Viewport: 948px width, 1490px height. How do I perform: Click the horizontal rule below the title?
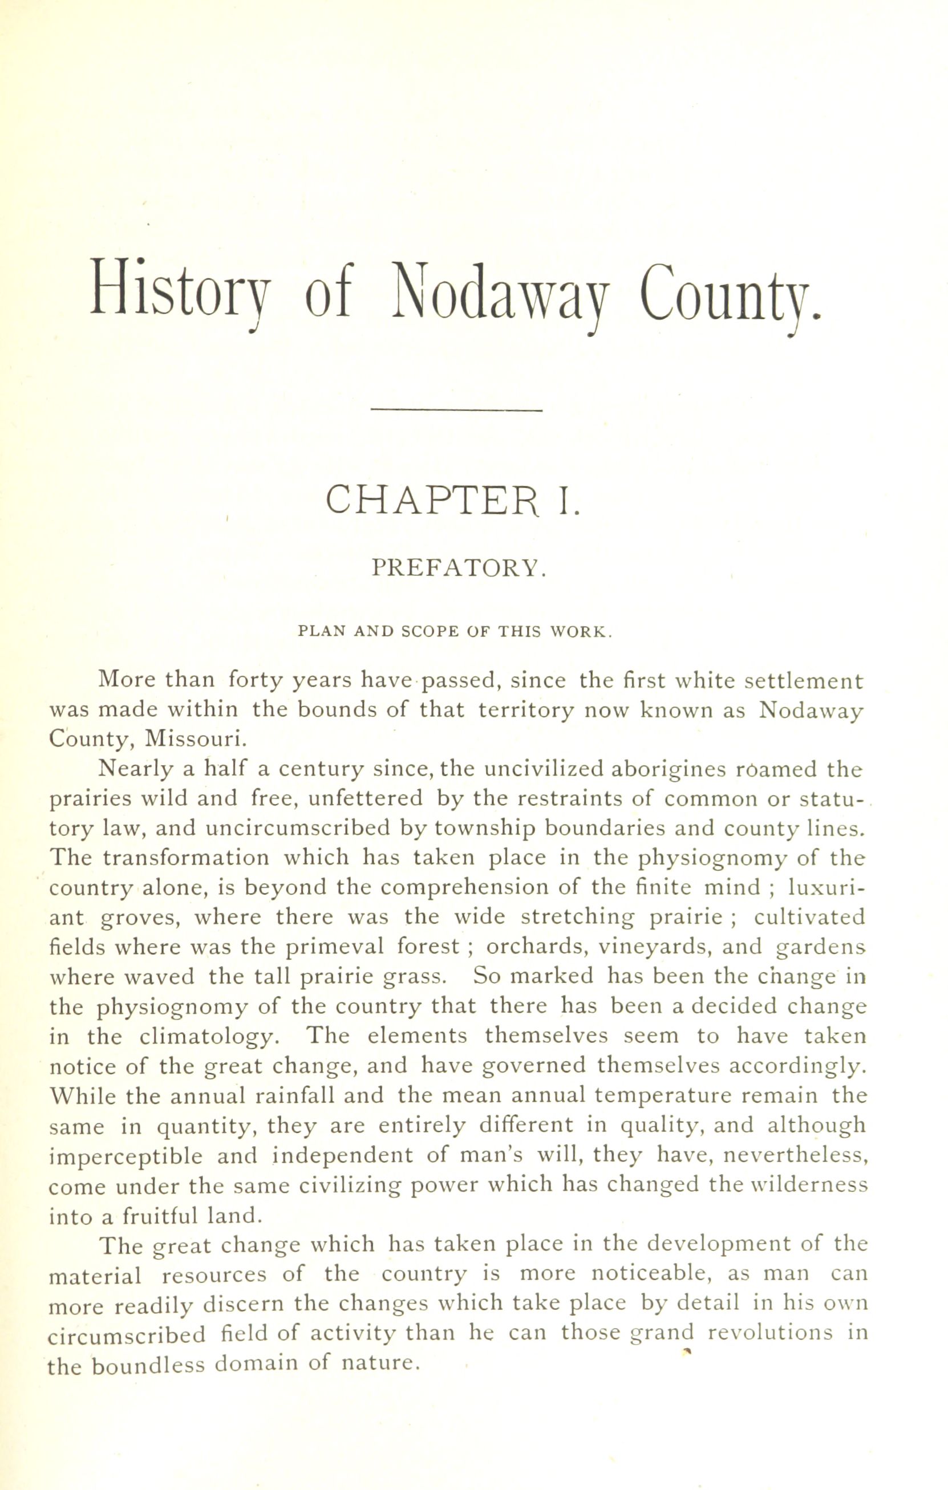point(456,409)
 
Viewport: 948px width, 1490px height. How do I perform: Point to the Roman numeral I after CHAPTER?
point(569,501)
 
